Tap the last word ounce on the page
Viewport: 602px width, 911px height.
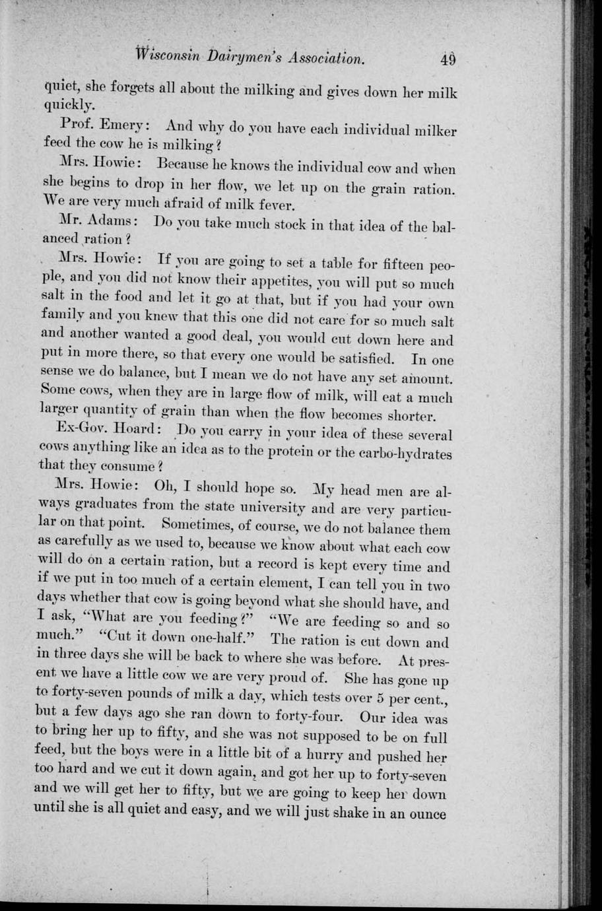click(x=425, y=814)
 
